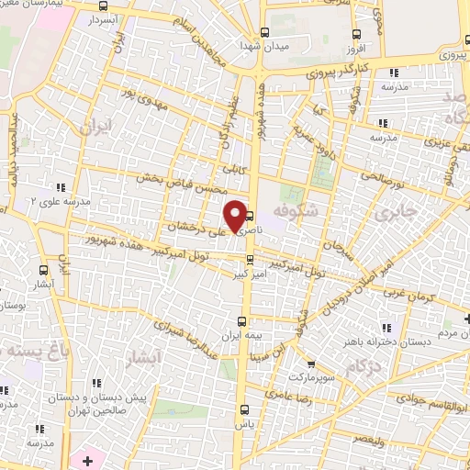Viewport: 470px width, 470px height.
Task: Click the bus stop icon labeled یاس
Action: (x=242, y=411)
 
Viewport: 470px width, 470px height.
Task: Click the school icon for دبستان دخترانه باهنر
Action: (x=387, y=328)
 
